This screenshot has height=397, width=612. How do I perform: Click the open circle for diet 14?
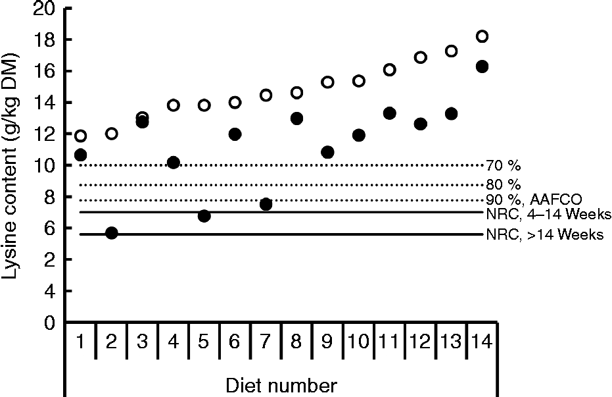tap(482, 36)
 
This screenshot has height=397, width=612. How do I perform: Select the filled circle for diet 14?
tap(482, 66)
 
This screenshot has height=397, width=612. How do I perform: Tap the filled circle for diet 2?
tap(112, 233)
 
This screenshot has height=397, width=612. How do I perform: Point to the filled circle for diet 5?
tap(204, 216)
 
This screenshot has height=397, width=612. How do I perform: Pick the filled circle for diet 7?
tap(266, 204)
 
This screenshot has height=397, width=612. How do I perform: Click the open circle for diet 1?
tap(80, 136)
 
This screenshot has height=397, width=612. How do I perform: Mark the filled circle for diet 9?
tap(327, 152)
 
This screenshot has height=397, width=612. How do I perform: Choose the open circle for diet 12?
tap(421, 57)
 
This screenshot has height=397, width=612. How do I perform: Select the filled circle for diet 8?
tap(296, 119)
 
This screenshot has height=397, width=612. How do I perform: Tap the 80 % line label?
tap(503, 184)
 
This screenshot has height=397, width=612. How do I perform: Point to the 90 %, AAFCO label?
tap(533, 199)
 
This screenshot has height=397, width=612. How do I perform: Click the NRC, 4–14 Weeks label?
tap(549, 215)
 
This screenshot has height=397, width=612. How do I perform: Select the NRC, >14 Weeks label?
tap(545, 235)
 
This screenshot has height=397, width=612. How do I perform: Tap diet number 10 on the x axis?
tap(358, 342)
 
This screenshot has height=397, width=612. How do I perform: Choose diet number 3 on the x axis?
tap(142, 342)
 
